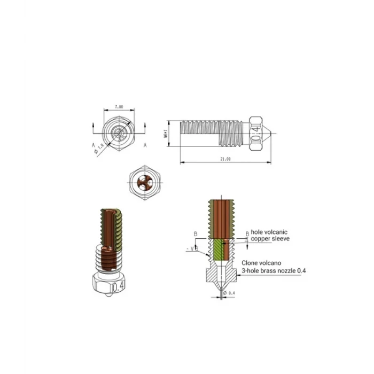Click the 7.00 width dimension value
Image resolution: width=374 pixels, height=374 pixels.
pyautogui.click(x=119, y=107)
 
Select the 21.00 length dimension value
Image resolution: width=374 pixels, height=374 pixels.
pyautogui.click(x=225, y=159)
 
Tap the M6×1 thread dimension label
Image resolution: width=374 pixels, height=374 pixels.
pyautogui.click(x=167, y=131)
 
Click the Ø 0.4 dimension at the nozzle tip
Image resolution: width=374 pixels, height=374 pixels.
pyautogui.click(x=231, y=293)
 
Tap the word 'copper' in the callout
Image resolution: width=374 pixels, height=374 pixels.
pyautogui.click(x=262, y=239)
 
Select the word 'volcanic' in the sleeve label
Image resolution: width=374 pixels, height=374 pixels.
pyautogui.click(x=277, y=232)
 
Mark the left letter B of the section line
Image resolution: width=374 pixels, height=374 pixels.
pyautogui.click(x=196, y=233)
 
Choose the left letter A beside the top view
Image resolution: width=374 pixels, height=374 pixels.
pyautogui.click(x=93, y=145)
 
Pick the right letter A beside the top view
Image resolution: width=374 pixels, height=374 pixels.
pyautogui.click(x=145, y=145)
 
